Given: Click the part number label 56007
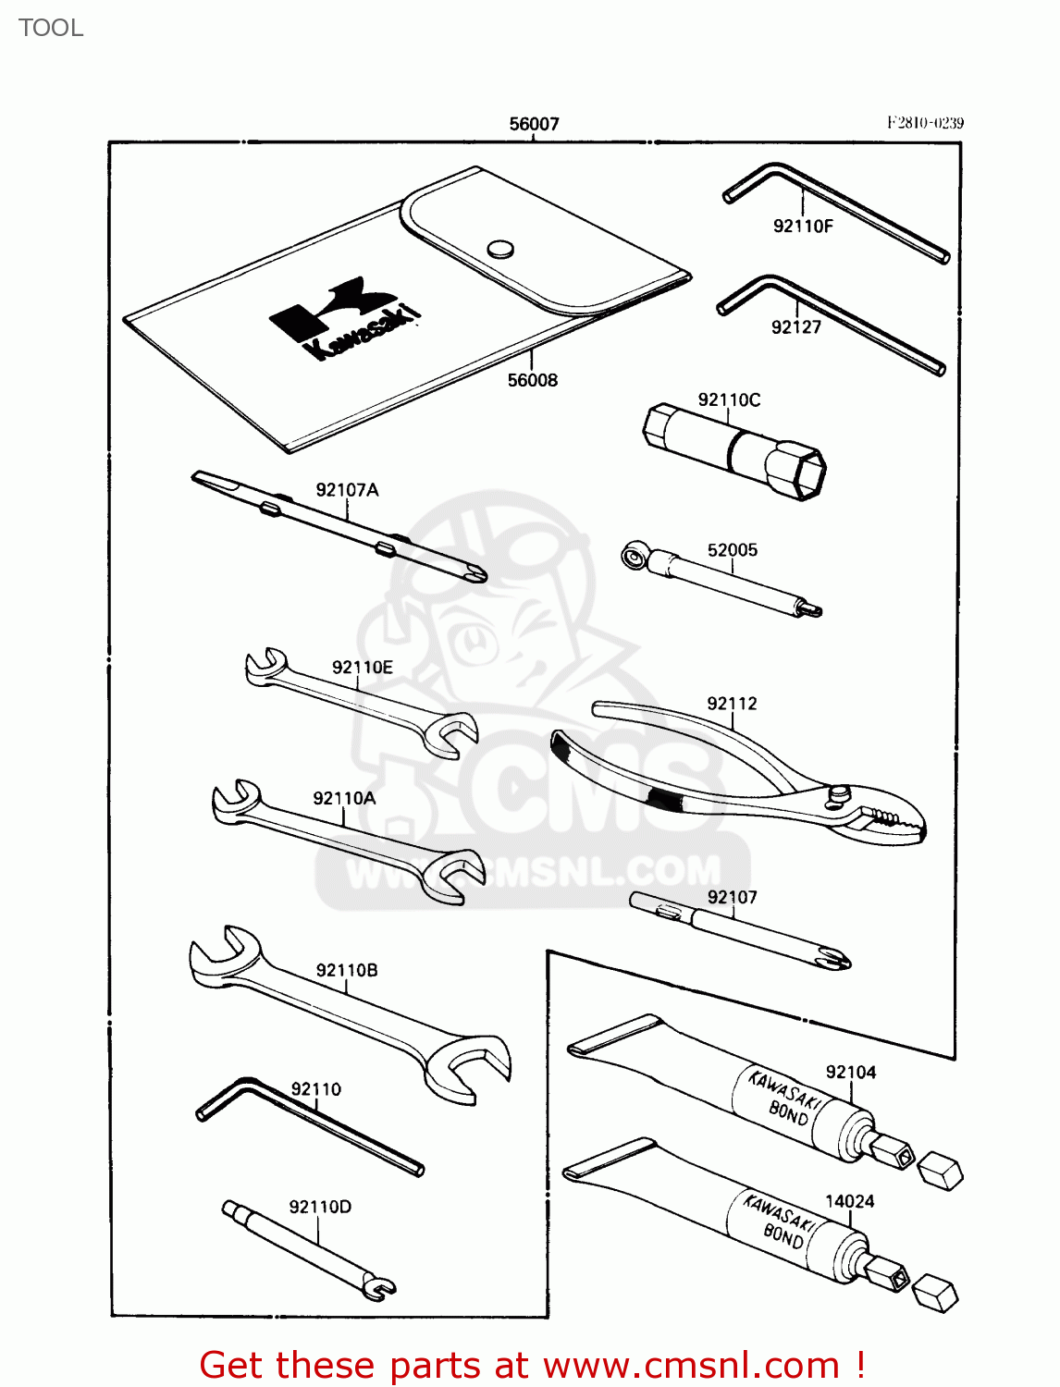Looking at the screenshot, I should coord(534,124).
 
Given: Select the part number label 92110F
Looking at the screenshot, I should coord(803,226).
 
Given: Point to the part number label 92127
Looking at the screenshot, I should coord(796,326).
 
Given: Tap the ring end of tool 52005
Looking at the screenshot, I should coord(634,557).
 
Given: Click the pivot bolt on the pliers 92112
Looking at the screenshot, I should coord(840,793).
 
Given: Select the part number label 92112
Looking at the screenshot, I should coord(732,704).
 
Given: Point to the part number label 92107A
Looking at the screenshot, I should coord(347,490).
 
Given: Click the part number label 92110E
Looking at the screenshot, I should coord(363,667).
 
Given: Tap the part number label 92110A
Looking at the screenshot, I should coord(344,798).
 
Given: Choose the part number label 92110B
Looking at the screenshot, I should coord(347,970).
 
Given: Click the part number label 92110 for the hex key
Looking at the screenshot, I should coord(316,1089).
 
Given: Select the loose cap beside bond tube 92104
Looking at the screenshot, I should coord(940,1171).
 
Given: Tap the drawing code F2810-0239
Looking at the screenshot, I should coord(925,123).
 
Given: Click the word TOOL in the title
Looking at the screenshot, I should coord(51,28).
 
